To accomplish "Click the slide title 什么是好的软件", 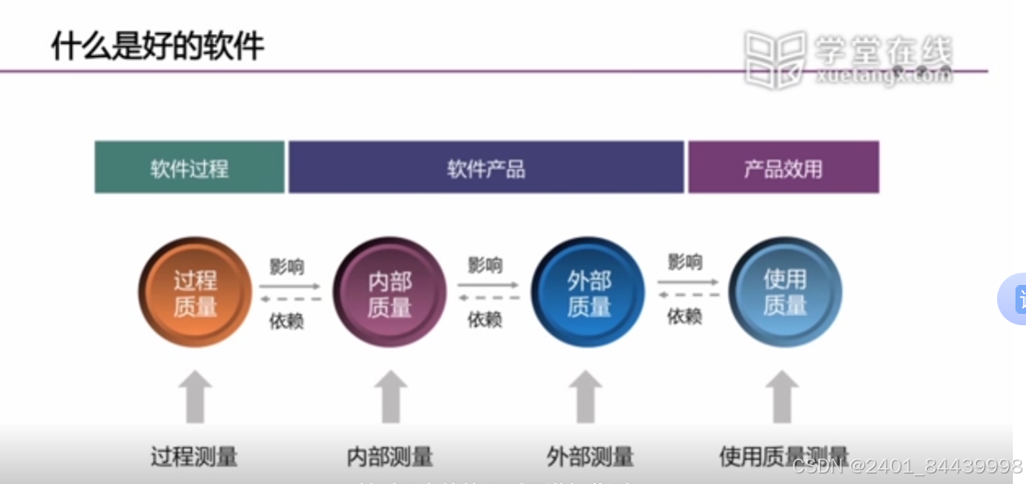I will click(158, 46).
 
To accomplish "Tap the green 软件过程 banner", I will click(189, 167).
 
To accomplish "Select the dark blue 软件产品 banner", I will click(486, 167).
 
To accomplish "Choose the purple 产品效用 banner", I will click(783, 167).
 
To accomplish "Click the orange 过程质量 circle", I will click(195, 293).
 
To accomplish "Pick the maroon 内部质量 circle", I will click(390, 293).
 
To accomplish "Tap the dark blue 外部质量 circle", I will click(588, 293).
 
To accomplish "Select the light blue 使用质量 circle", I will click(785, 293).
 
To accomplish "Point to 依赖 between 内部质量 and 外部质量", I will click(485, 319).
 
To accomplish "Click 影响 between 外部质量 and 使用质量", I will click(684, 262).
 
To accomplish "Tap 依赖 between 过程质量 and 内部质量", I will click(286, 320).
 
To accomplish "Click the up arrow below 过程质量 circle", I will click(195, 396).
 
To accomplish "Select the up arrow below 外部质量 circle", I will click(585, 396).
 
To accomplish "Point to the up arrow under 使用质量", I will click(782, 396).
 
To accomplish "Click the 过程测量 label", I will click(194, 457).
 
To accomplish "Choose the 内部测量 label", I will click(390, 457).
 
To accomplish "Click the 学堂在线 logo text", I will click(881, 50).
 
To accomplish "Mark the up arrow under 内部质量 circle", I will click(390, 396).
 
